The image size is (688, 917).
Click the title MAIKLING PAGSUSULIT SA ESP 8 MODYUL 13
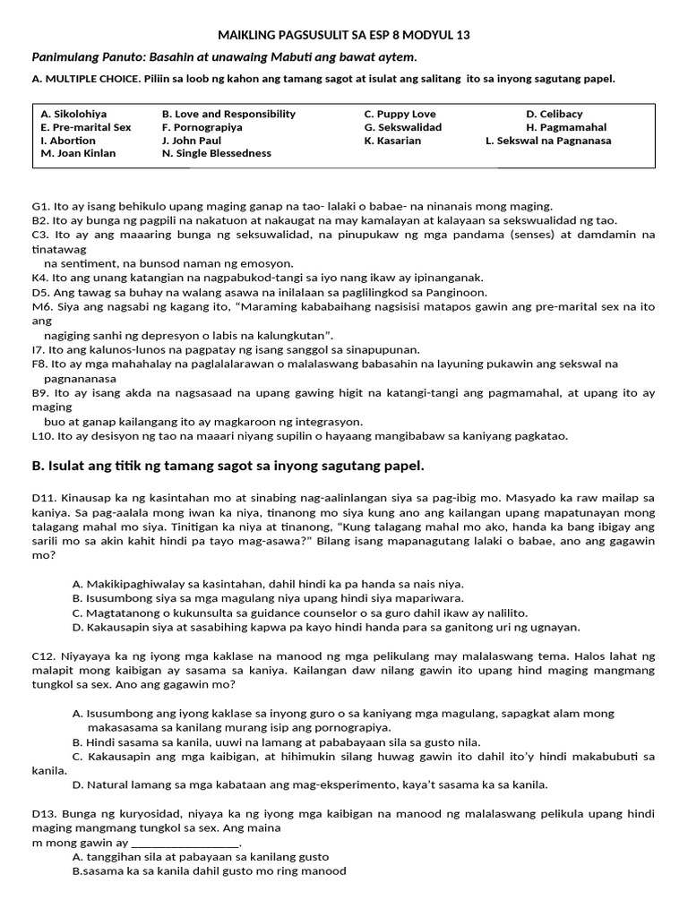(344, 35)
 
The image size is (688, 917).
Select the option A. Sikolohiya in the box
(73, 115)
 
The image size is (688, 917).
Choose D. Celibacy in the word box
(554, 115)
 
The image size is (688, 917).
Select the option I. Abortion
(68, 141)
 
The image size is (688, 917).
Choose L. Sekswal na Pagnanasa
(548, 141)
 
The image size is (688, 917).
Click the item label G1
(40, 206)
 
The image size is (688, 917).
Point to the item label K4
(39, 279)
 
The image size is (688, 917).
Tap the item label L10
(43, 436)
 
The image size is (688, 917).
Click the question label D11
(44, 497)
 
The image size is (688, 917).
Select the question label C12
(44, 656)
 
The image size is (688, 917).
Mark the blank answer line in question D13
(185, 844)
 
